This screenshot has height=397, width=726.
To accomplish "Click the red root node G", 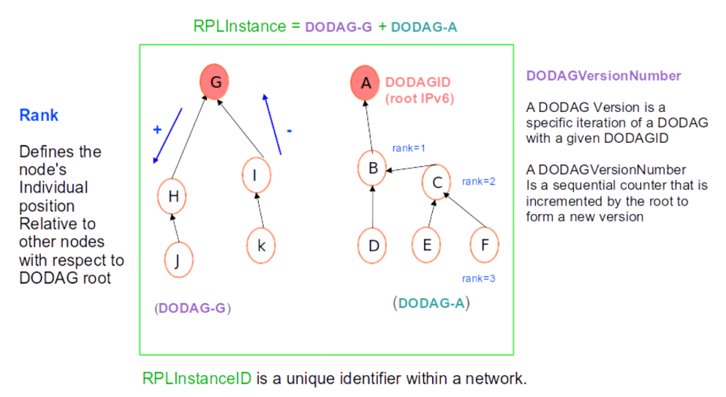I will click(216, 82).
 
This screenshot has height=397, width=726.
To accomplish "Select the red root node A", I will click(366, 82).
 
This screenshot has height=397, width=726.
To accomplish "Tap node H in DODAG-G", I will click(173, 196).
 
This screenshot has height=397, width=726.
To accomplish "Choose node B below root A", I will click(372, 168).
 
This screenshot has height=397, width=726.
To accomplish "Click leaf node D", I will click(373, 245).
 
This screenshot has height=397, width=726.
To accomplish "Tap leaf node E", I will click(427, 245).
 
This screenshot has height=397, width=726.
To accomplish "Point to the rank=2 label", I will click(479, 181).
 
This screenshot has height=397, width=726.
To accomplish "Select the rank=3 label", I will click(479, 278).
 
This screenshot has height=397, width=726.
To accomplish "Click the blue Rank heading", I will click(39, 115).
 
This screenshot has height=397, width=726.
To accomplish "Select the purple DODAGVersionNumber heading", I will click(603, 76).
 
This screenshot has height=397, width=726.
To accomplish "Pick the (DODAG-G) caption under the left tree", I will click(192, 309).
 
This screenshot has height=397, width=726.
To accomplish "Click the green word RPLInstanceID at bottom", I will click(197, 379).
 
